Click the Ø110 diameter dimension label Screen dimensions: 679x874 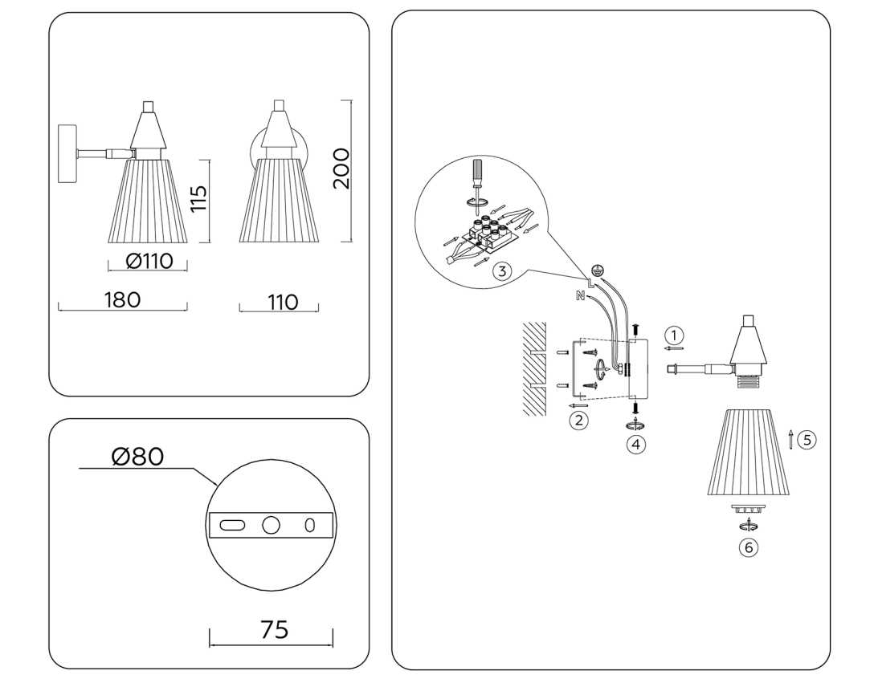tap(149, 261)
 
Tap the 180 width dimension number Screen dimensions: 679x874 tap(122, 299)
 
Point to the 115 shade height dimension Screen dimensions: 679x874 tap(198, 199)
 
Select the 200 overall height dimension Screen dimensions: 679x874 tap(341, 168)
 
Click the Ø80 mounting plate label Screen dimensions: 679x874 tap(137, 457)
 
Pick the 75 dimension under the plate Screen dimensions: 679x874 tap(274, 630)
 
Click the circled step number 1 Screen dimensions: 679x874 tap(675, 334)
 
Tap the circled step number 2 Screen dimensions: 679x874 tap(578, 418)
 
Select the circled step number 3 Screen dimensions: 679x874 tap(502, 270)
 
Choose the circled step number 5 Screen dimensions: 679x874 tap(807, 439)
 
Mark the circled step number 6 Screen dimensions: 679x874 tap(749, 547)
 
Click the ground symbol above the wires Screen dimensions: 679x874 tap(597, 270)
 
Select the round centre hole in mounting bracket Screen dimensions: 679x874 tap(272, 526)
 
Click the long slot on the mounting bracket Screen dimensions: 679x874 tap(233, 526)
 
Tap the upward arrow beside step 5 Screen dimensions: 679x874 tap(792, 439)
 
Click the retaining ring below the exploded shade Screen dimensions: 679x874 tap(748, 508)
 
